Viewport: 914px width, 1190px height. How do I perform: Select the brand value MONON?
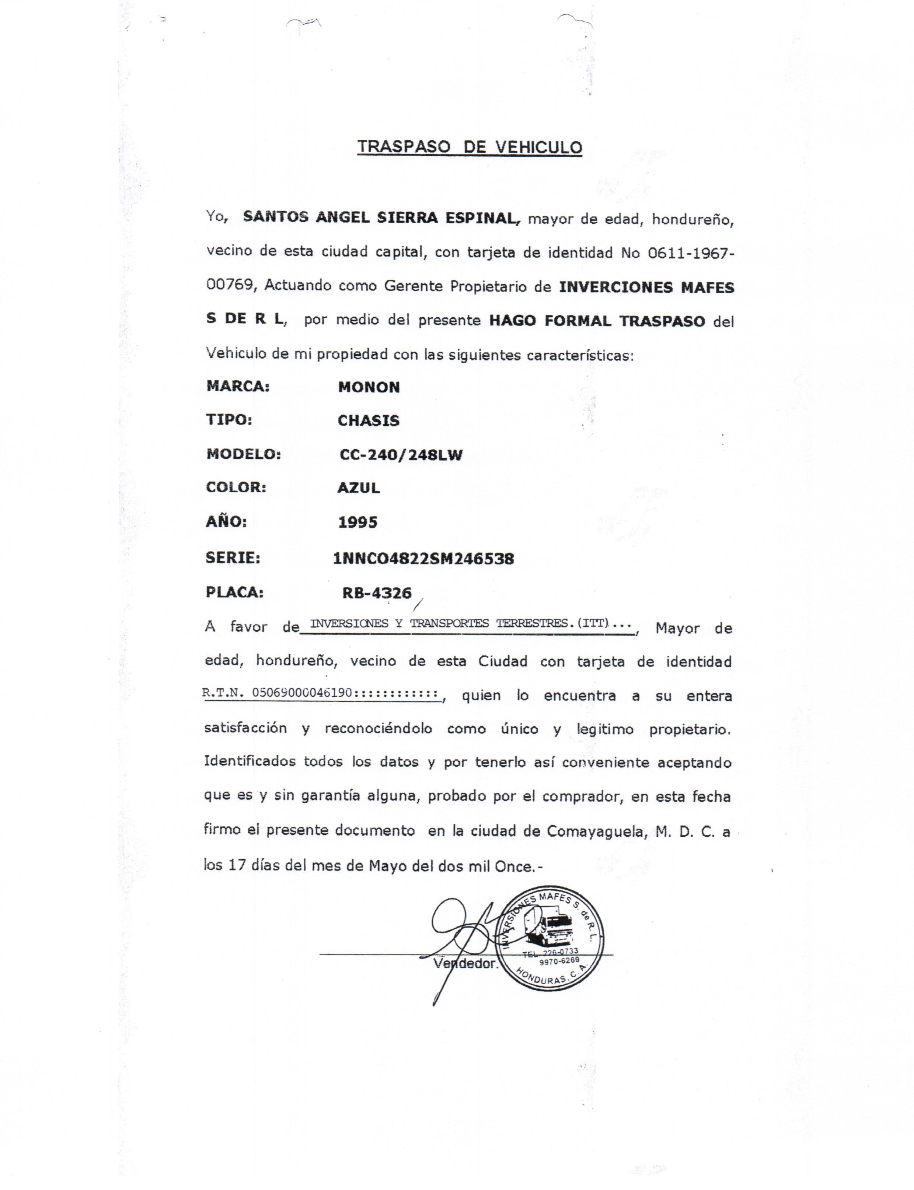369,387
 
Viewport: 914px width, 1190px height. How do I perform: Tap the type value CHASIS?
368,420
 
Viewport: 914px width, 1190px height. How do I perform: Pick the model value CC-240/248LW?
401,455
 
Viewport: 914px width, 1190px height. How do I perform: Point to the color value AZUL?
359,488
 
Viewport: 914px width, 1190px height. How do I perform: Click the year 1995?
357,523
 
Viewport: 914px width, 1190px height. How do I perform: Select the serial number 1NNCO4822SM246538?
423,559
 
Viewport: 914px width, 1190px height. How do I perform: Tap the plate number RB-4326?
377,593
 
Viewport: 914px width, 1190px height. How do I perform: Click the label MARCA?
238,386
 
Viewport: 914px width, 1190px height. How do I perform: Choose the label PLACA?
234,592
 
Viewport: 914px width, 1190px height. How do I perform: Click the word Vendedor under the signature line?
465,963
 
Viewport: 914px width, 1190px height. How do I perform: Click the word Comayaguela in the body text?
597,831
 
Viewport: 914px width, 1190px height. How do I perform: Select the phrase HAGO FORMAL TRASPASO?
597,321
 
